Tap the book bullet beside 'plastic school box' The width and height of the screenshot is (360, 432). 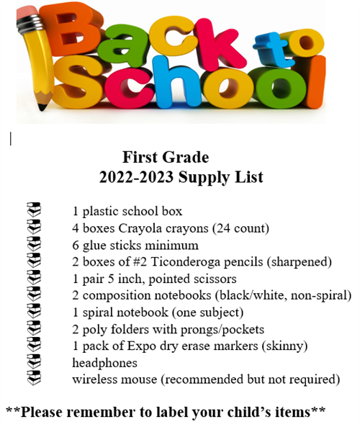[34, 212]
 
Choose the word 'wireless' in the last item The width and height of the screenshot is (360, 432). [96, 379]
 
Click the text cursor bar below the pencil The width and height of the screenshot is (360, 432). [10, 138]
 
